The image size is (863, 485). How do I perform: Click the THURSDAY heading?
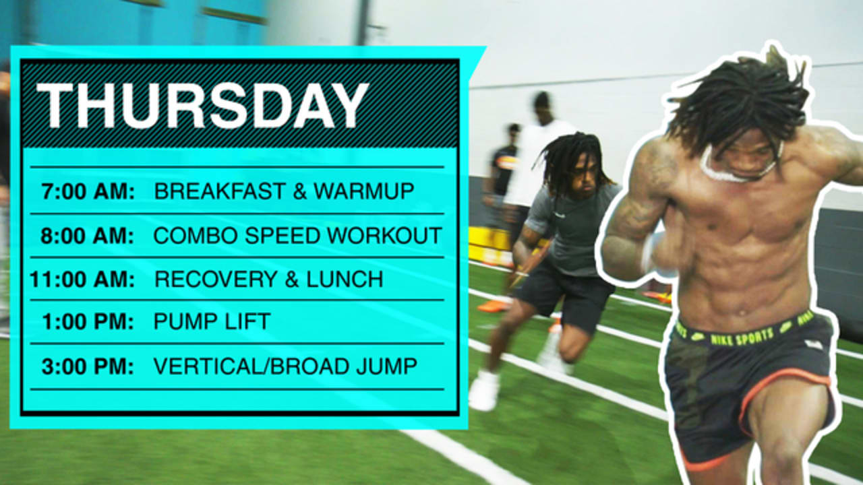click(x=202, y=106)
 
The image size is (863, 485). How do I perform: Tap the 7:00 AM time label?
click(x=88, y=191)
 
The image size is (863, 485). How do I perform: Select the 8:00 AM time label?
click(x=88, y=236)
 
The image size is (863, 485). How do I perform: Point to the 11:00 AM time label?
click(x=82, y=280)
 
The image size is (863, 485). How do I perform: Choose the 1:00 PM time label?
click(x=88, y=322)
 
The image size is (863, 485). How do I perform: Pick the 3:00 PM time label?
click(x=88, y=366)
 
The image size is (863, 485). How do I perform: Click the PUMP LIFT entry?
click(x=212, y=322)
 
